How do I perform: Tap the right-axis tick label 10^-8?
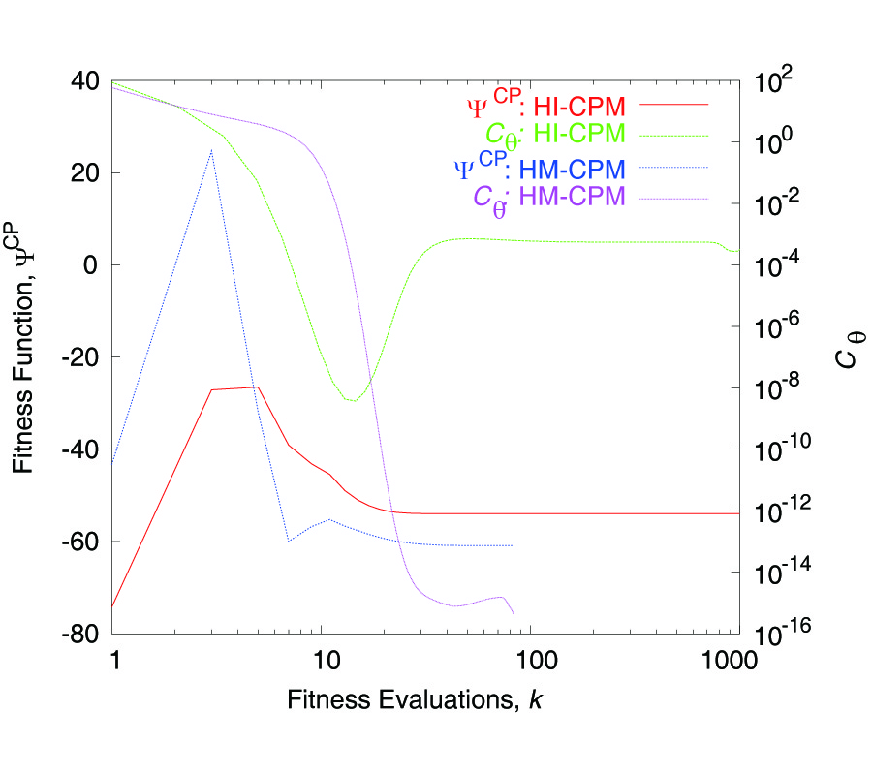pos(776,387)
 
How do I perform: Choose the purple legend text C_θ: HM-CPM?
pos(548,199)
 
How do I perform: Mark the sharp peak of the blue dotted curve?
pos(212,150)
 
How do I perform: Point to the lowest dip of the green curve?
pos(351,400)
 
